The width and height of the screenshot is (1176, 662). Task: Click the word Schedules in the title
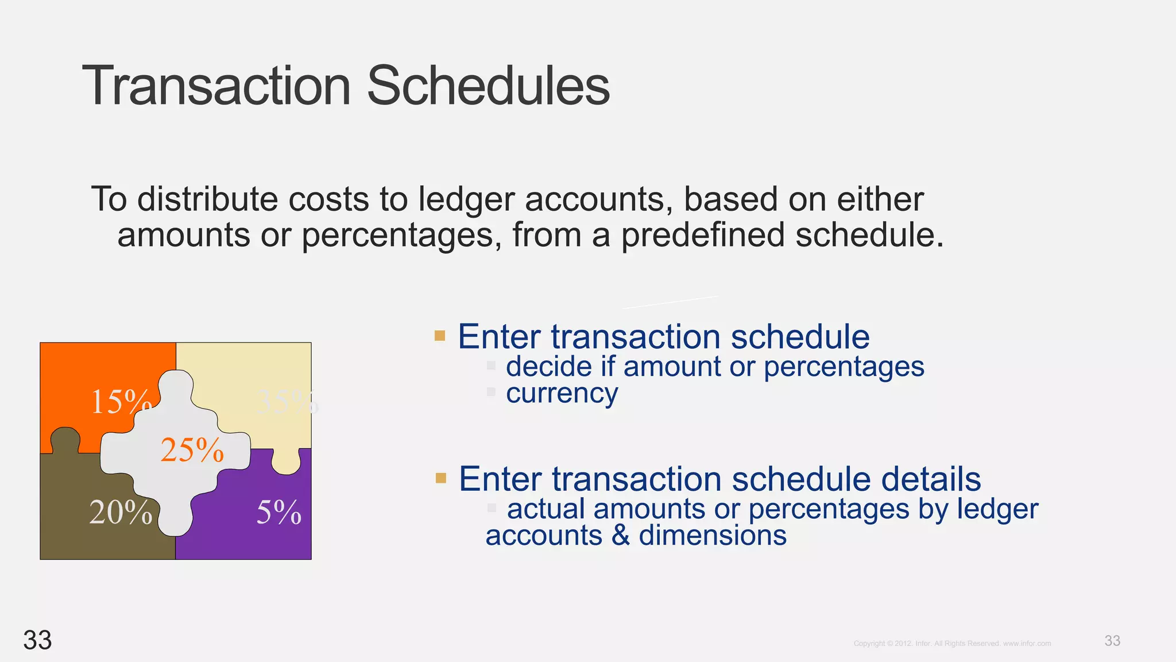pos(488,86)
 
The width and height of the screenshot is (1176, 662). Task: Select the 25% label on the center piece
pos(192,450)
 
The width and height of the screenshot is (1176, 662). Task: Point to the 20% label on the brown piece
pos(121,512)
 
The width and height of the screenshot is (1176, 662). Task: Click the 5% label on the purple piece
pos(278,512)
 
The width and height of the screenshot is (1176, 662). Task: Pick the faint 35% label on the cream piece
pos(286,401)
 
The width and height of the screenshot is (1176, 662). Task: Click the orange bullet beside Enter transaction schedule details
pos(441,478)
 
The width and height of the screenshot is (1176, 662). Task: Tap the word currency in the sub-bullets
pos(562,394)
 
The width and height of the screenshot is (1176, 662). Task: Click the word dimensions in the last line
pos(712,536)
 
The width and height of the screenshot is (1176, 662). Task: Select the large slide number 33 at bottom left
pos(37,640)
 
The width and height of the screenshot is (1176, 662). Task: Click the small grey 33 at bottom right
pos(1112,641)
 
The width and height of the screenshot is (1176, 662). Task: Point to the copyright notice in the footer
pos(952,644)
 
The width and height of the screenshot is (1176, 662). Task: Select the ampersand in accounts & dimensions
pos(620,536)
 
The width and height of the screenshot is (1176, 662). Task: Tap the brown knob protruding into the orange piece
pos(65,440)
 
